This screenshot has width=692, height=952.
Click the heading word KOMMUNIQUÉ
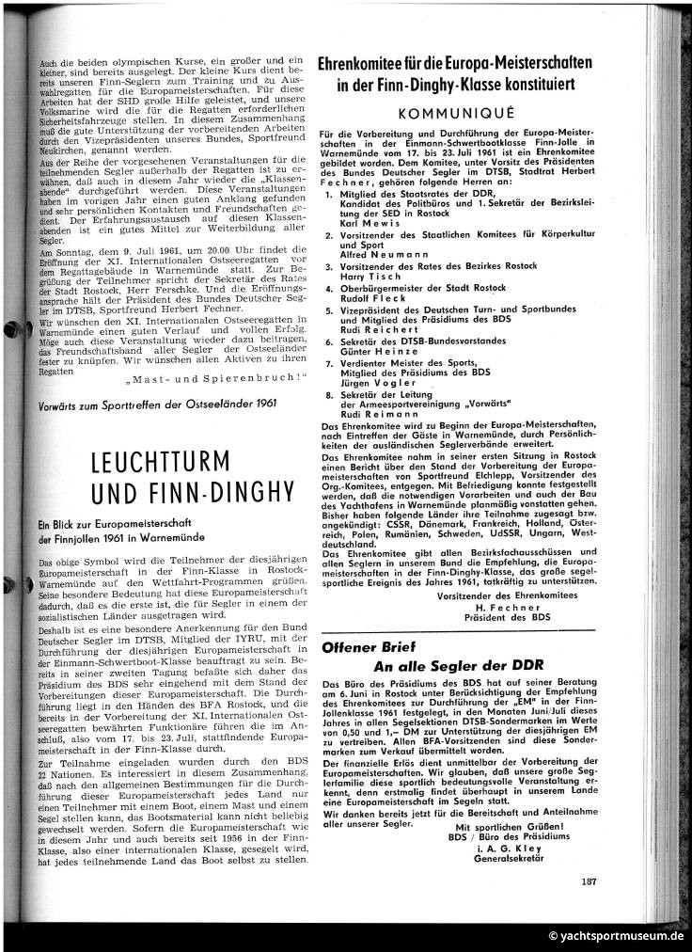[x=454, y=111]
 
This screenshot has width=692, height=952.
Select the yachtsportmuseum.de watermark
[x=617, y=936]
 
